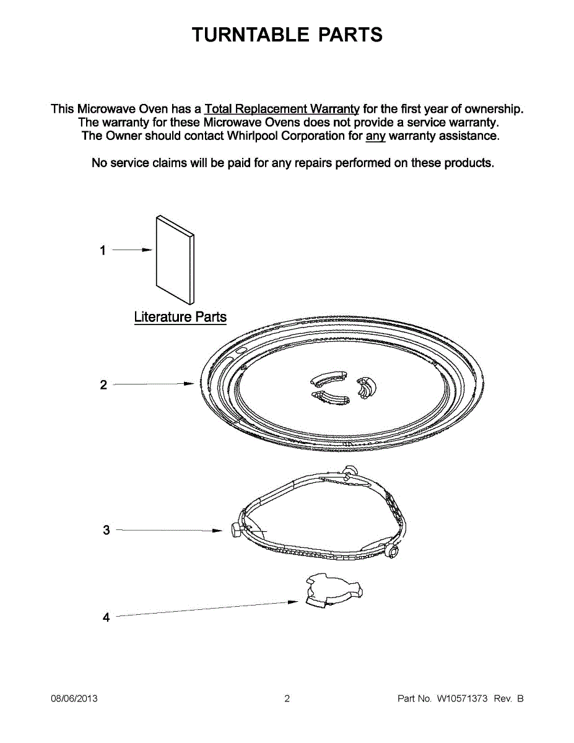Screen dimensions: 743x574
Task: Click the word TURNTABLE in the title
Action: [x=251, y=35]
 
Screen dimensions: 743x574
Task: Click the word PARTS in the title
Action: [x=350, y=35]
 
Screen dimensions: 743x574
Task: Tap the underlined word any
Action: [x=375, y=136]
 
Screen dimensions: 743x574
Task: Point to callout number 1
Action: [x=103, y=251]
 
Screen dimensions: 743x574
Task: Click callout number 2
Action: [x=103, y=385]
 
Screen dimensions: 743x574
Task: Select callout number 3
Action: [x=106, y=531]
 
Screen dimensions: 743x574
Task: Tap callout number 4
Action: [x=106, y=617]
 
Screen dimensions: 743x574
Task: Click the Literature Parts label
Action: [x=180, y=317]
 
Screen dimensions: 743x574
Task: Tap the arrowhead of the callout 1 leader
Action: [x=147, y=250]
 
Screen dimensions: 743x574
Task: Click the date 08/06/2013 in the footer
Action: [x=74, y=699]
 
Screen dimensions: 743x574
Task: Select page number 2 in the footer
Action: [x=287, y=699]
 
